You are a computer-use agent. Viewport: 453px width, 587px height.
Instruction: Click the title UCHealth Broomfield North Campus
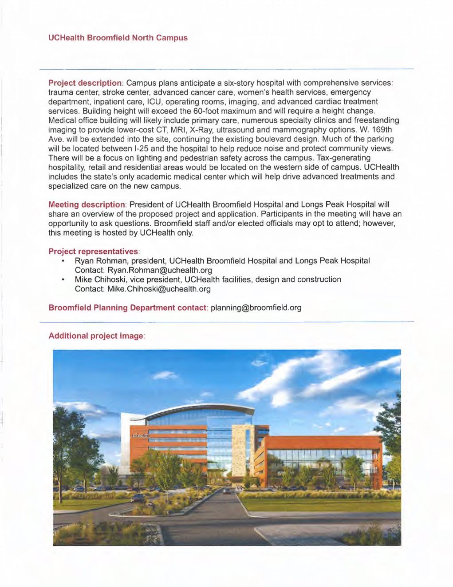coord(118,38)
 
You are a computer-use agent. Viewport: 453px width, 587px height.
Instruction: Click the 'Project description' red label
coord(85,83)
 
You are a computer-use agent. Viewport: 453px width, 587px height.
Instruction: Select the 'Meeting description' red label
coord(87,204)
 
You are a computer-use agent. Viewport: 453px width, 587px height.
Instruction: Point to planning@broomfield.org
coord(256,307)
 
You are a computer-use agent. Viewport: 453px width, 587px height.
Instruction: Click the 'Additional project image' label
coord(96,336)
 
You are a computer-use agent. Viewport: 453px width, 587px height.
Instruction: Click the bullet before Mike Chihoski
coord(64,280)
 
